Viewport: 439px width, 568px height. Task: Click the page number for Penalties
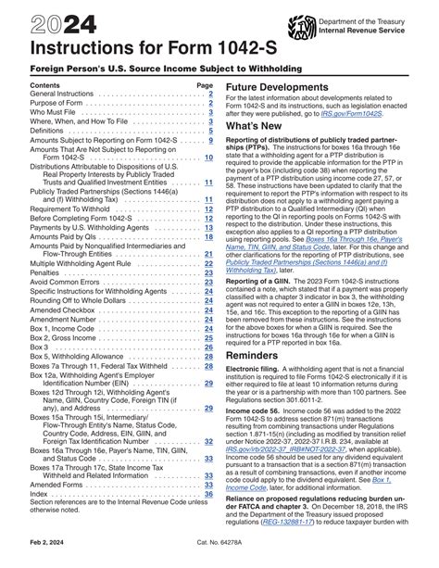[208, 275]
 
